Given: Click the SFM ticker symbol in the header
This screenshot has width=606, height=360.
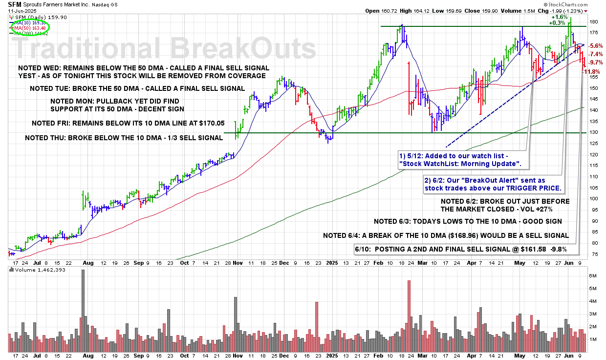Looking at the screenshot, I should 15,4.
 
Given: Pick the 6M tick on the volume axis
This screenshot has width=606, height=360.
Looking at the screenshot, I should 593,276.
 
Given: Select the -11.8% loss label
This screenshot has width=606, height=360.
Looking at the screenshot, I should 593,72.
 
